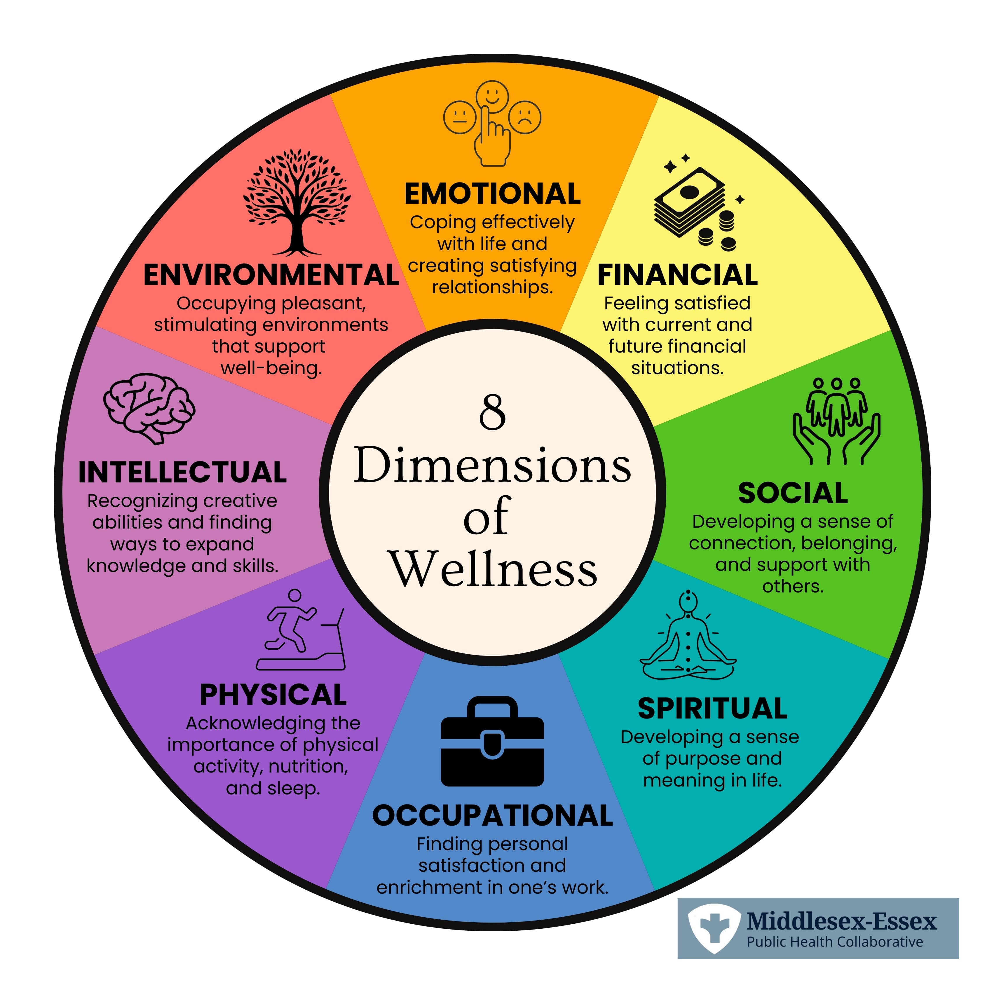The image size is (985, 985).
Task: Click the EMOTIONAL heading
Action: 493,194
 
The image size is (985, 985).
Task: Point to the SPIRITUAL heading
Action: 712,709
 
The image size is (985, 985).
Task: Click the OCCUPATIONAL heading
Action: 493,816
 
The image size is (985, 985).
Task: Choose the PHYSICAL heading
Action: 273,695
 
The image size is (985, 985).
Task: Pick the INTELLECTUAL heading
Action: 182,472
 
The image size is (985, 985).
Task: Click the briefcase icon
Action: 493,742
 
